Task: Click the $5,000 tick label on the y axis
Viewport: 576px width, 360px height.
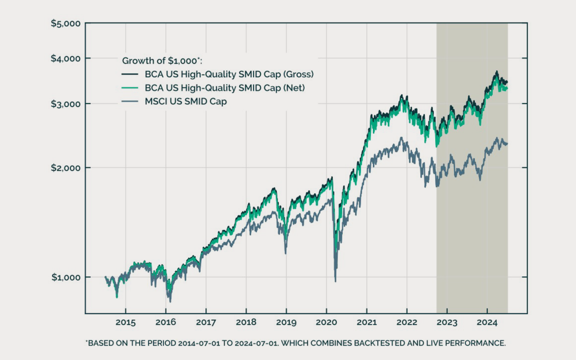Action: click(66, 23)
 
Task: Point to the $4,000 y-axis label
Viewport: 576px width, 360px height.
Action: click(66, 58)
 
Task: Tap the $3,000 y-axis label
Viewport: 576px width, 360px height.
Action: click(66, 104)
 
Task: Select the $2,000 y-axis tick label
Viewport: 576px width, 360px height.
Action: click(66, 168)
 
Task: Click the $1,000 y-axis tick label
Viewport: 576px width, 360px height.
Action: click(66, 277)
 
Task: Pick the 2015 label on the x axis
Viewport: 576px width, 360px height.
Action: click(126, 322)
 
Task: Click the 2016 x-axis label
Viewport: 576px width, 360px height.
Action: click(166, 322)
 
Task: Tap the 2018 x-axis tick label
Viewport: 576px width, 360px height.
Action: click(246, 322)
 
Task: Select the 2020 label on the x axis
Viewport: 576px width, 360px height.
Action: click(326, 322)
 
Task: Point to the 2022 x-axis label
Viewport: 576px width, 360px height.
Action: click(407, 322)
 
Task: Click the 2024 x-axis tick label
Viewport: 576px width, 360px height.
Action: click(487, 322)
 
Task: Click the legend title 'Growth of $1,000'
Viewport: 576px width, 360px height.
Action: click(162, 61)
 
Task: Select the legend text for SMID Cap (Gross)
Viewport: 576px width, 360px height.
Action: click(229, 74)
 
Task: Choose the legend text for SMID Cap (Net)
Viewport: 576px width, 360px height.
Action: click(224, 88)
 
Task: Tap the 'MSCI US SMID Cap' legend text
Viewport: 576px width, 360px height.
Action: click(186, 102)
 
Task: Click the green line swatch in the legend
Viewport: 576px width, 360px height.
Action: click(130, 88)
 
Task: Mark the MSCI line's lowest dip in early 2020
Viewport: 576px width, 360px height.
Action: click(335, 281)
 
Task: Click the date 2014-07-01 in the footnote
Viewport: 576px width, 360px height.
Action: click(199, 343)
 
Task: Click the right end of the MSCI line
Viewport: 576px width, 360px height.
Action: click(507, 144)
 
